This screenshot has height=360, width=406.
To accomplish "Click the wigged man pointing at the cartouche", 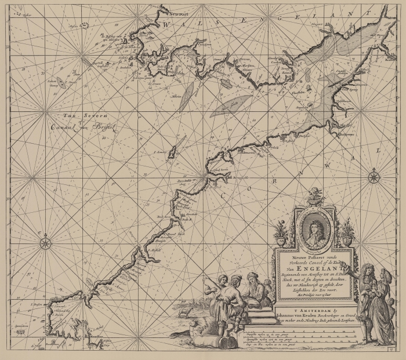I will click(366, 296).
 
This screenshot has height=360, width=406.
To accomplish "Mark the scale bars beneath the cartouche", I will click(313, 339).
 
